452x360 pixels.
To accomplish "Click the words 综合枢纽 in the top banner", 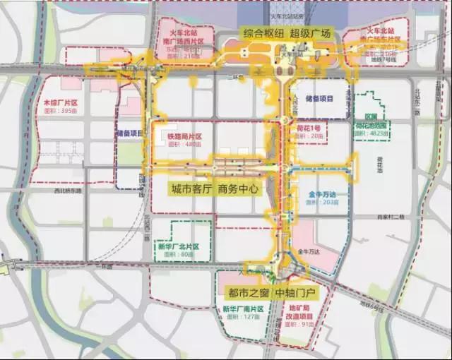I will pyautogui.click(x=263, y=33).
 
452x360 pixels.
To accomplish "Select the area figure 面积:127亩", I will pyautogui.click(x=241, y=318).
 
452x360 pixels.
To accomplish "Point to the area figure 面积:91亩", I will pyautogui.click(x=300, y=325).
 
